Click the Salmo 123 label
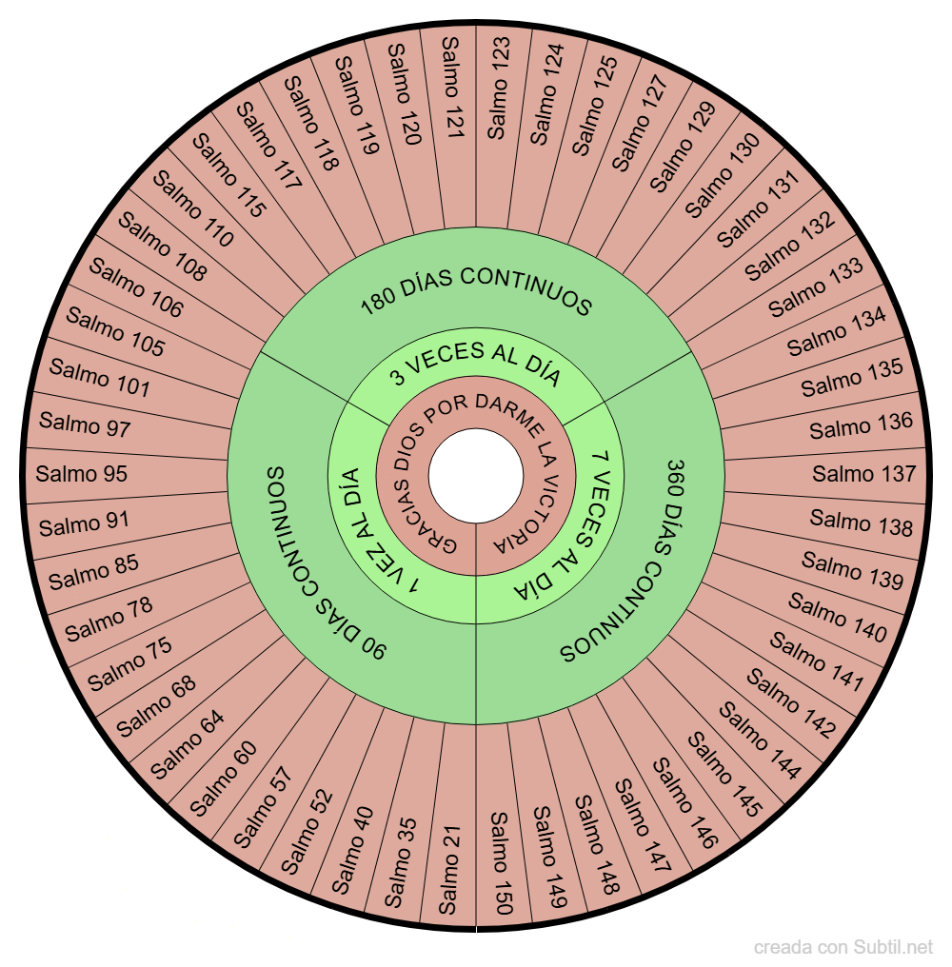click(499, 89)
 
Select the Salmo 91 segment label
click(84, 523)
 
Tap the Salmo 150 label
click(502, 862)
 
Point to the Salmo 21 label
click(448, 870)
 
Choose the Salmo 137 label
click(863, 474)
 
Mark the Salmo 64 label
click(188, 745)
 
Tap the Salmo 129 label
click(683, 147)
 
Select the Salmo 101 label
click(99, 378)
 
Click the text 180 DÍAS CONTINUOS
click(476, 288)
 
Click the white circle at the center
click(476, 476)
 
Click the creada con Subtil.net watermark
click(843, 947)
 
